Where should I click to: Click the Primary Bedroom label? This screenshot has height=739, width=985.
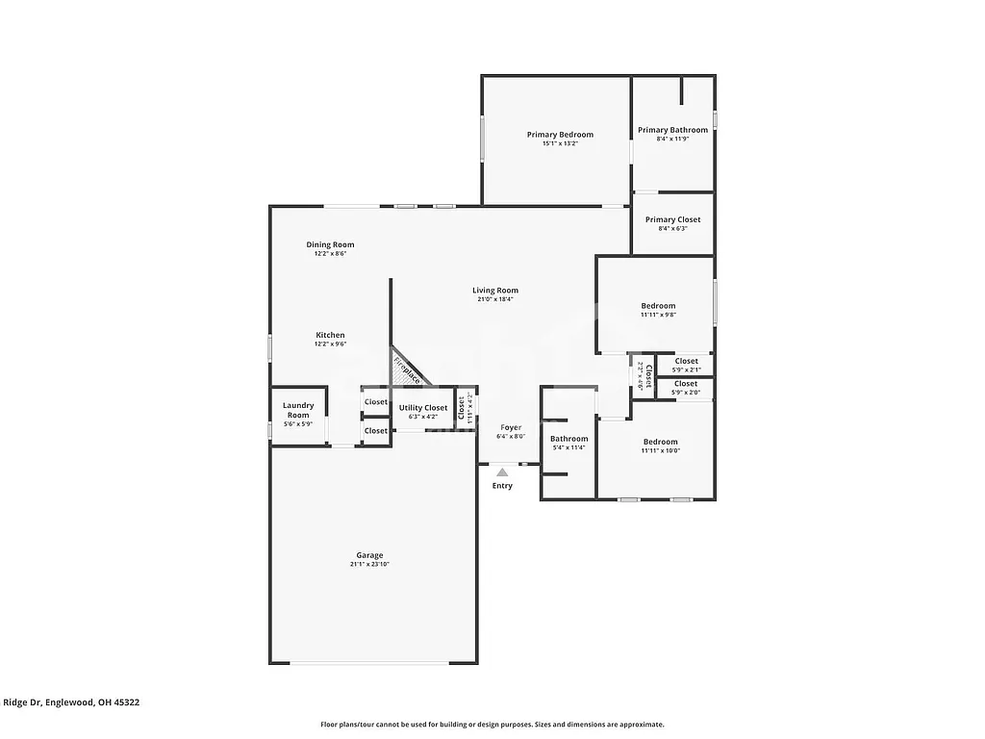click(560, 135)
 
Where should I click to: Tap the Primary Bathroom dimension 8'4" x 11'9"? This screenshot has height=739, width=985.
click(672, 139)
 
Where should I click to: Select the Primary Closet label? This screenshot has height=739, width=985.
click(672, 219)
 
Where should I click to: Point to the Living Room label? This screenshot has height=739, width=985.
click(495, 291)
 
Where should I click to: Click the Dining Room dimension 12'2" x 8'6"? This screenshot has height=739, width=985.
click(330, 254)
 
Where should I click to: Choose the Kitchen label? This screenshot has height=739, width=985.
click(330, 335)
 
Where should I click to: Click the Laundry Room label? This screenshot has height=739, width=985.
click(298, 410)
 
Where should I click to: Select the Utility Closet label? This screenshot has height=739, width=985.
click(423, 408)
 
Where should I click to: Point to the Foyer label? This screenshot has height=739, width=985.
click(510, 427)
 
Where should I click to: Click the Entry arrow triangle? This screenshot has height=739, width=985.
click(502, 472)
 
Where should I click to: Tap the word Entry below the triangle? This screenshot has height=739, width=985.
click(502, 486)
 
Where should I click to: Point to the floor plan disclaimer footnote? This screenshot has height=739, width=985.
click(492, 725)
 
